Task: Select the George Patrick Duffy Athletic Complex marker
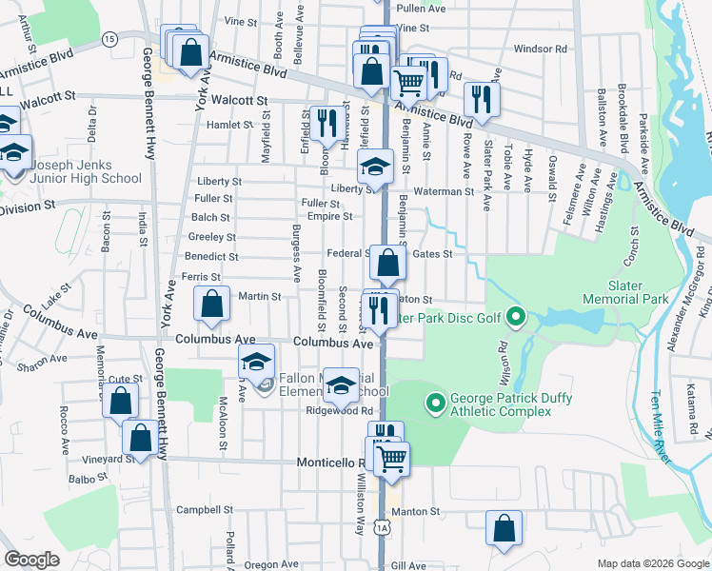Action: click(436, 404)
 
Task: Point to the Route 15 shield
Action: click(109, 38)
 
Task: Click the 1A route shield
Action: click(382, 526)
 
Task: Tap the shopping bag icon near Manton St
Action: click(504, 528)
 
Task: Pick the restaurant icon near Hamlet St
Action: click(326, 122)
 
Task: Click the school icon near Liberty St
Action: click(375, 167)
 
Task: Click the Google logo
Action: click(31, 560)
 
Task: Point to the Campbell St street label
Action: click(199, 509)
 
